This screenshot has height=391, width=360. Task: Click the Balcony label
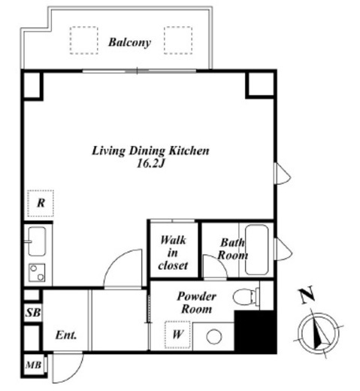(x=129, y=42)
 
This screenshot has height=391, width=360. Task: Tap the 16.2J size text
(x=150, y=164)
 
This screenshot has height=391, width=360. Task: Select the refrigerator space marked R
(x=41, y=203)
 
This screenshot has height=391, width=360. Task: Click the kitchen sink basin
(x=37, y=241)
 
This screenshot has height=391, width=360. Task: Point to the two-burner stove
(x=37, y=272)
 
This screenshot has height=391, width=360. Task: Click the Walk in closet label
(x=173, y=253)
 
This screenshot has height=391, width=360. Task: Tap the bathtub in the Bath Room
(x=256, y=250)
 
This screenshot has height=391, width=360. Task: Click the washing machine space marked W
(x=177, y=335)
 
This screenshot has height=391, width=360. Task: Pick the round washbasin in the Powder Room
(x=214, y=336)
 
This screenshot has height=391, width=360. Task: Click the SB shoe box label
(x=33, y=313)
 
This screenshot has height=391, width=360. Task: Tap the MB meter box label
(x=33, y=365)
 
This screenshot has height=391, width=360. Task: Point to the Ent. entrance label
(x=66, y=335)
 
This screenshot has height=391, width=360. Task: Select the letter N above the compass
(x=307, y=296)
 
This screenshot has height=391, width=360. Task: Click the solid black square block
(x=256, y=332)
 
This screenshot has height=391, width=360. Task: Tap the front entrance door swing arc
(x=74, y=375)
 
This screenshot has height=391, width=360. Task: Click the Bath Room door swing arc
(x=219, y=262)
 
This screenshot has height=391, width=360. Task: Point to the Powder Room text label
(x=196, y=303)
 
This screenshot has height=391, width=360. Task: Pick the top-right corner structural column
(x=261, y=84)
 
